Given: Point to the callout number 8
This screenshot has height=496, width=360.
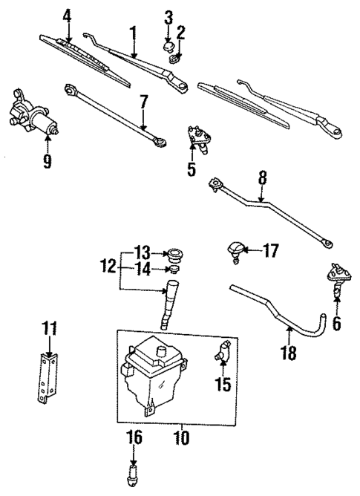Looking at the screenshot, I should (260, 178).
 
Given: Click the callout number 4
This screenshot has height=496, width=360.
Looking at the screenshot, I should (68, 14).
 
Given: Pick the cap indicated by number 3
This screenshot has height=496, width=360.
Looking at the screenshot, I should (168, 48).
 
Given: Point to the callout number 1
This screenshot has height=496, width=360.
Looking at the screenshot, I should (134, 33).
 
